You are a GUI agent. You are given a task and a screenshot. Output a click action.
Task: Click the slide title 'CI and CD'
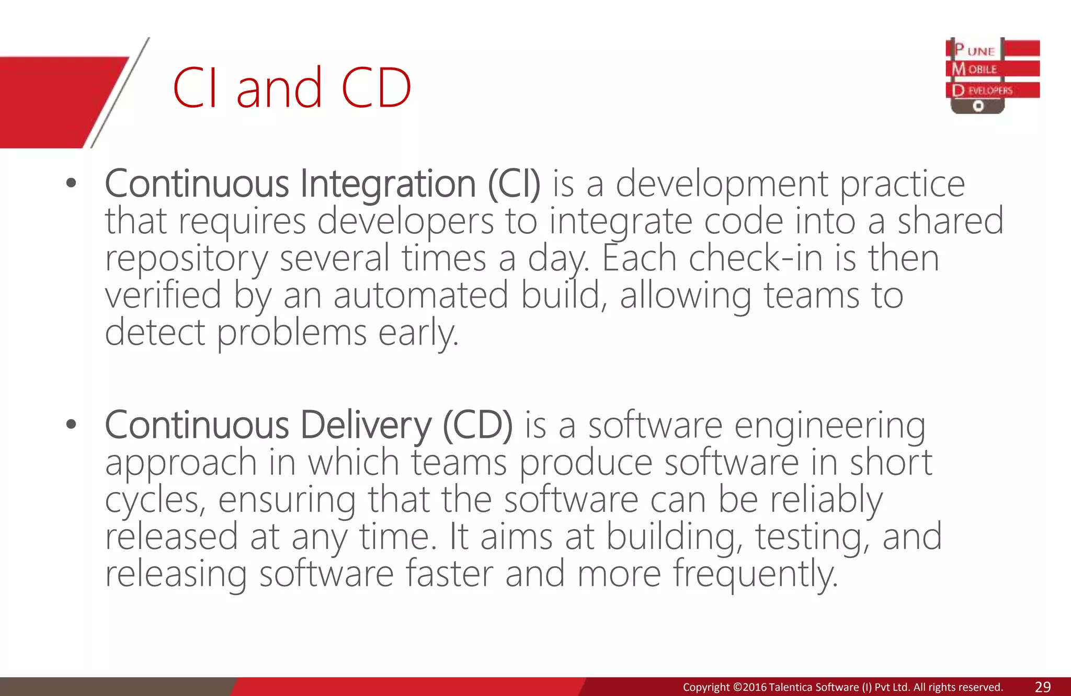click(292, 88)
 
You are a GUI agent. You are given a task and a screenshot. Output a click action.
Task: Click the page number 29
click(1043, 687)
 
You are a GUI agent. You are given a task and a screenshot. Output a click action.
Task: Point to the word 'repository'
click(186, 258)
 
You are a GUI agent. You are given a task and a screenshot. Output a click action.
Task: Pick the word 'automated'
click(421, 295)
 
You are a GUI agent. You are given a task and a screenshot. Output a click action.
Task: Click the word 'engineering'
click(830, 426)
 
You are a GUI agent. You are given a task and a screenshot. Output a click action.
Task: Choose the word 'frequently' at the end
click(755, 574)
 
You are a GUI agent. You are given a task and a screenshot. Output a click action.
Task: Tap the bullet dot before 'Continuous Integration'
click(72, 183)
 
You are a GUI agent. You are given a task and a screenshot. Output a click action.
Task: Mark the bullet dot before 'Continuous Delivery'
click(72, 424)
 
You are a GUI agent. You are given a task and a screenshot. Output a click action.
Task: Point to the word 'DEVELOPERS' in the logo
click(990, 90)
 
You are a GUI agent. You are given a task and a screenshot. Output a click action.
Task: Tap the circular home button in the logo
click(978, 106)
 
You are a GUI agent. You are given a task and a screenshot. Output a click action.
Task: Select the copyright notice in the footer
click(842, 687)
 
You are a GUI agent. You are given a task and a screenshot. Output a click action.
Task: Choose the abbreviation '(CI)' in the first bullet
click(514, 184)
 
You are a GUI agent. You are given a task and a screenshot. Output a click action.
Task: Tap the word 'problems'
click(292, 333)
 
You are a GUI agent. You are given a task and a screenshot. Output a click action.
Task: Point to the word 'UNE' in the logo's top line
click(981, 51)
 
